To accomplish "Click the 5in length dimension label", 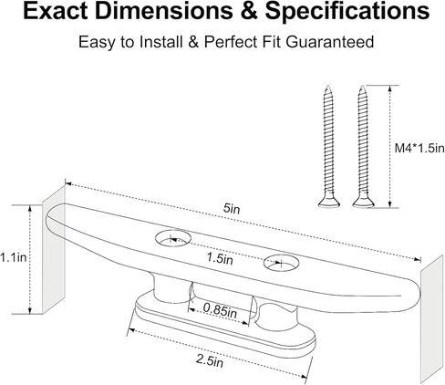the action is [232, 208].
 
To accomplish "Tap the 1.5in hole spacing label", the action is [220, 258].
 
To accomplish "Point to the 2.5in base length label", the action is [210, 361].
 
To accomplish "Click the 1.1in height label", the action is [14, 257].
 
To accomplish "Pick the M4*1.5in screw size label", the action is [419, 149].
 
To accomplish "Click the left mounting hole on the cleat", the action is [173, 238].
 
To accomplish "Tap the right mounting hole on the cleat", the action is [281, 262].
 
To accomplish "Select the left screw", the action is [329, 147].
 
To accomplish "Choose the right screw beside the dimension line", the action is [363, 147].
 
